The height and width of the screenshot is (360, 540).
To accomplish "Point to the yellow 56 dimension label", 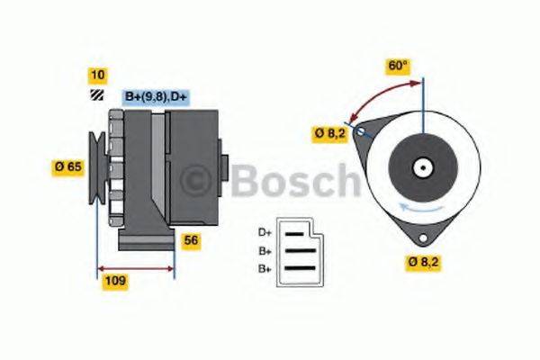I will pyautogui.click(x=191, y=239).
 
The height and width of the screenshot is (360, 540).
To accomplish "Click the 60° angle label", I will pyautogui.click(x=398, y=66).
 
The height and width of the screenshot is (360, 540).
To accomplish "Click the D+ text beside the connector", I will pyautogui.click(x=265, y=233).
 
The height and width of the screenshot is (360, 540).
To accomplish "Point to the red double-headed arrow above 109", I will pyautogui.click(x=136, y=267).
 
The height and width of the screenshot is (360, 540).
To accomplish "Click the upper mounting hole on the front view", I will pyautogui.click(x=361, y=132).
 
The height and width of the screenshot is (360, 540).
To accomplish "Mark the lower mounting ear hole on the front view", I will pyautogui.click(x=420, y=235).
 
